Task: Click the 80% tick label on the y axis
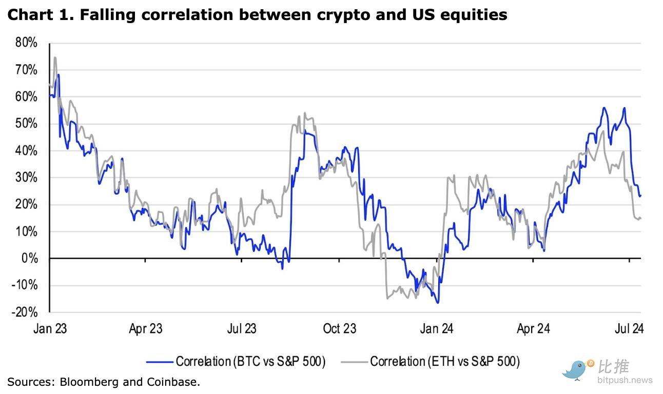pos(27,43)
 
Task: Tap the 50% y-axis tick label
pos(27,124)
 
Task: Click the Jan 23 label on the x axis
pos(50,328)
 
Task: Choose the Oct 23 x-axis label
pos(340,328)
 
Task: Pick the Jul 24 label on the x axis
pos(629,328)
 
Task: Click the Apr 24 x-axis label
pos(533,328)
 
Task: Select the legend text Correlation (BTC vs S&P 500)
pos(250,362)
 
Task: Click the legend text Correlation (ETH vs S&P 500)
pos(445,362)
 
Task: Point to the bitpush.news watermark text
pos(625,380)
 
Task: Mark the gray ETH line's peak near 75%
pos(54,57)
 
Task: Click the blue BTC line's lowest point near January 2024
pos(438,303)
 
